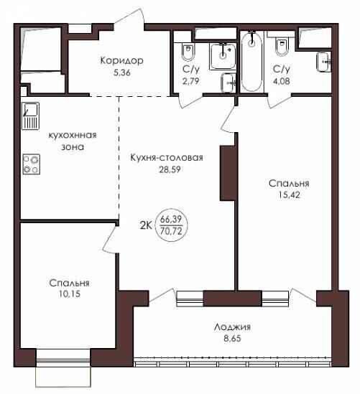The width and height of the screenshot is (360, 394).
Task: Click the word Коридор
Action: coord(121,61)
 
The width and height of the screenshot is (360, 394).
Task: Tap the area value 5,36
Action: coord(122,73)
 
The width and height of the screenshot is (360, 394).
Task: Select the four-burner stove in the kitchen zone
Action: coord(31,164)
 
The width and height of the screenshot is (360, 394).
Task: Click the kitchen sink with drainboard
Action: coord(30,116)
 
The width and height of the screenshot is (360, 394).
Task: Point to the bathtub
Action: coord(251,61)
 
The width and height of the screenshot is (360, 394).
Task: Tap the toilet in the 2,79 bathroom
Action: coord(188,52)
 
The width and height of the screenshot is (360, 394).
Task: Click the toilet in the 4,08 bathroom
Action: coord(281,46)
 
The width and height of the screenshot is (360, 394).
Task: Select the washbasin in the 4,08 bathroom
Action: coord(323,62)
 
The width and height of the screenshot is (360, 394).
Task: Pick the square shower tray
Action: coord(222,56)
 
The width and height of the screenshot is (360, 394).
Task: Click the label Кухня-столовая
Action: coord(167,158)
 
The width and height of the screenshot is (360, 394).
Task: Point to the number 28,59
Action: coord(170,169)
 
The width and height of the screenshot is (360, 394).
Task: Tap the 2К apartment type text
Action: coord(146,226)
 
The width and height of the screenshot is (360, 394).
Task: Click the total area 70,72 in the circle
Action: coord(171,231)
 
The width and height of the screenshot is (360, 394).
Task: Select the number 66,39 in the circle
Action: coord(171,219)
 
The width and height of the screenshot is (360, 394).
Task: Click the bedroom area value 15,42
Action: coord(289,194)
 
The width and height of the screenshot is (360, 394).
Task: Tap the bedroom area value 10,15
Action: coord(70,294)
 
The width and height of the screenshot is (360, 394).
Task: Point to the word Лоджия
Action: coord(232,327)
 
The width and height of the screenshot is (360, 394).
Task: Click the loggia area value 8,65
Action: coord(232,339)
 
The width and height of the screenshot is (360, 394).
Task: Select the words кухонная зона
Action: coord(73,141)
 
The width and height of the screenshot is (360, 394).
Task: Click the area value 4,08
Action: coord(281,81)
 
